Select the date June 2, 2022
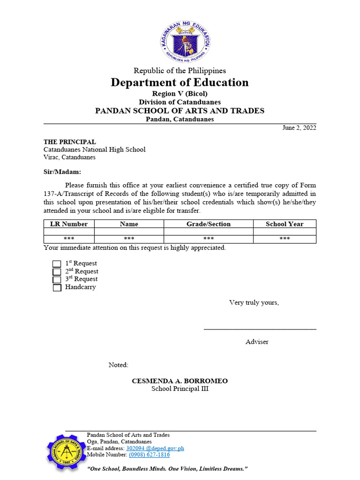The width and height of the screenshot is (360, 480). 299,127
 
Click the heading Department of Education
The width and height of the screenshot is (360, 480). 180,83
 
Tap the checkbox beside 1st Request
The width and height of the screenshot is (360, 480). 57,264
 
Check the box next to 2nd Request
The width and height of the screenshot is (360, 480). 57,272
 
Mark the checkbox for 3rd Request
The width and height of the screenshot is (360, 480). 57,280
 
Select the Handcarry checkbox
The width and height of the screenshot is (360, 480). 57,288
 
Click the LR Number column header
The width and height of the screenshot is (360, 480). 69,224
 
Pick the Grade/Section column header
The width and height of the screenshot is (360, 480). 208,224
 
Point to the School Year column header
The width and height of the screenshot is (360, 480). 285,224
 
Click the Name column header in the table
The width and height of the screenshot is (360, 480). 129,224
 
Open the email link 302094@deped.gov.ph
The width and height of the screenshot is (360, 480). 155,448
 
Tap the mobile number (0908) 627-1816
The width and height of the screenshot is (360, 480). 149,455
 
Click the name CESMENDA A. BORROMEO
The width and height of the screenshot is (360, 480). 180,381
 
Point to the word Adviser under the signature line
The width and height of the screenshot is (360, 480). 257,342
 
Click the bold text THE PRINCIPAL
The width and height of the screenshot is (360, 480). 70,142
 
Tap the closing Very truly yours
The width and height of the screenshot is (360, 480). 254,302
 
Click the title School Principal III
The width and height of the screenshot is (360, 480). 180,389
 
